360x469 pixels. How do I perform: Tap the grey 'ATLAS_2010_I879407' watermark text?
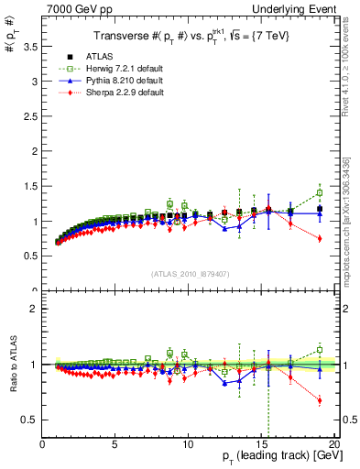[x=190, y=273]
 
